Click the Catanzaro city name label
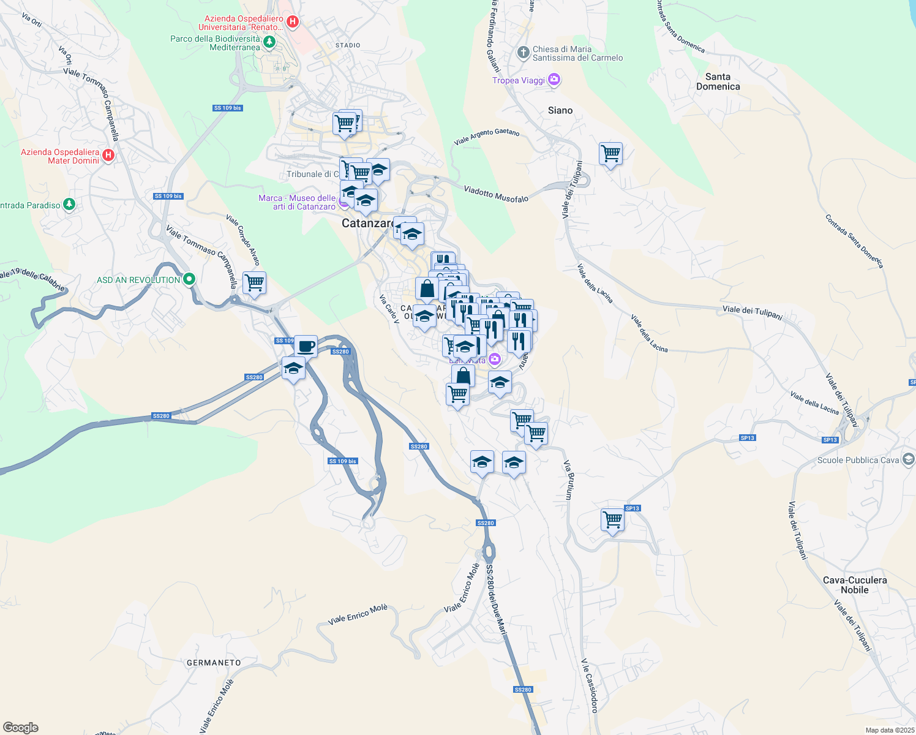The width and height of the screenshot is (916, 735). (367, 224)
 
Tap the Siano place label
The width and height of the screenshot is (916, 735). (560, 110)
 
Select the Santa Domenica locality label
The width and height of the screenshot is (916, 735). (718, 81)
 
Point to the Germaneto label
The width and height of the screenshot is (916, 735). (214, 663)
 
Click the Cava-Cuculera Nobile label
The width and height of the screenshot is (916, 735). (855, 585)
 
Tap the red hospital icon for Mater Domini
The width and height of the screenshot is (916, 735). (108, 155)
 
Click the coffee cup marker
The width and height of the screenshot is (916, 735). (306, 347)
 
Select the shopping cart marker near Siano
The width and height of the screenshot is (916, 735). (610, 154)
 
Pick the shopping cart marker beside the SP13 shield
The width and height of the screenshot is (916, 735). (612, 519)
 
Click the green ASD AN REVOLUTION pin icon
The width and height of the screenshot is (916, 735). (189, 279)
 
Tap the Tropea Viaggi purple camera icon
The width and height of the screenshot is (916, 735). (554, 80)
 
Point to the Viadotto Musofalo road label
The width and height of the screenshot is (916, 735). (496, 194)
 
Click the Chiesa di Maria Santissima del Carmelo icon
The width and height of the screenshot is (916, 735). (523, 53)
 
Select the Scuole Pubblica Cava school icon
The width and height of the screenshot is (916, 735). (909, 459)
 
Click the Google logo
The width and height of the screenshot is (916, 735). (21, 728)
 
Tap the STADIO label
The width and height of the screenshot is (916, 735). (348, 45)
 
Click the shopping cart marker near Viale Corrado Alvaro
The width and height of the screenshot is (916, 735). (254, 283)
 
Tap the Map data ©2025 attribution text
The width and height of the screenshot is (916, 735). (890, 730)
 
